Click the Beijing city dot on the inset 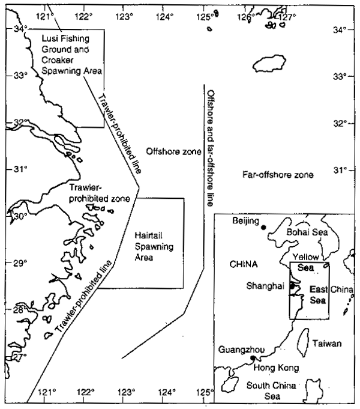click(263, 226)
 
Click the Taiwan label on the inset click(327, 344)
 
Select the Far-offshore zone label click(278, 175)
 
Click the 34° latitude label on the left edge click(21, 28)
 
